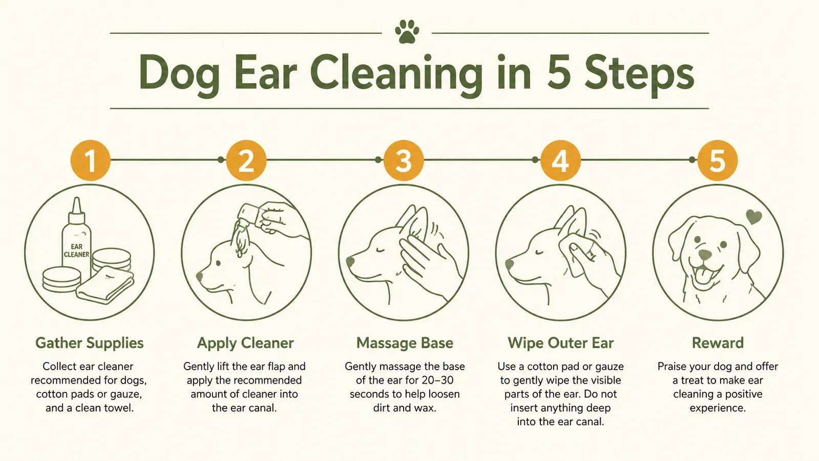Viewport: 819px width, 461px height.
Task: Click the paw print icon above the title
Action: coord(407,31)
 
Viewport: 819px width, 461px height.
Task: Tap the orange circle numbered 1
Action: coord(90,160)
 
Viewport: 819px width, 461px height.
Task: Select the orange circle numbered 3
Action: coord(404,160)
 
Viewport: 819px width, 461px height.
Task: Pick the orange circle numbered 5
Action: coord(718,160)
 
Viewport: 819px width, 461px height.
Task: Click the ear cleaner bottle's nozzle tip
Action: coord(76,199)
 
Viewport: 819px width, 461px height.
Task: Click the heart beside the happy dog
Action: coord(753,217)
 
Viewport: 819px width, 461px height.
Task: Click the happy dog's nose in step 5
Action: coord(705,255)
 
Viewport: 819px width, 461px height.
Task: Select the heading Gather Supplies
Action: coord(90,343)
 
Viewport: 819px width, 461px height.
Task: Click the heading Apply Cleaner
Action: coord(245,343)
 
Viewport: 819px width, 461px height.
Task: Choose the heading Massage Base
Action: coord(405,343)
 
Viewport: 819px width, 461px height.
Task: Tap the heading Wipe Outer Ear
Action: coord(560,343)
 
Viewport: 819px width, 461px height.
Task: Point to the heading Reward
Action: coord(718,343)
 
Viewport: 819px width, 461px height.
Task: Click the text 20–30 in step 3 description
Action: coord(437,380)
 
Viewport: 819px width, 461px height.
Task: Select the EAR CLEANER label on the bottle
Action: coord(76,250)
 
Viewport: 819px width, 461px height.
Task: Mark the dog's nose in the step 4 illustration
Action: coord(509,264)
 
